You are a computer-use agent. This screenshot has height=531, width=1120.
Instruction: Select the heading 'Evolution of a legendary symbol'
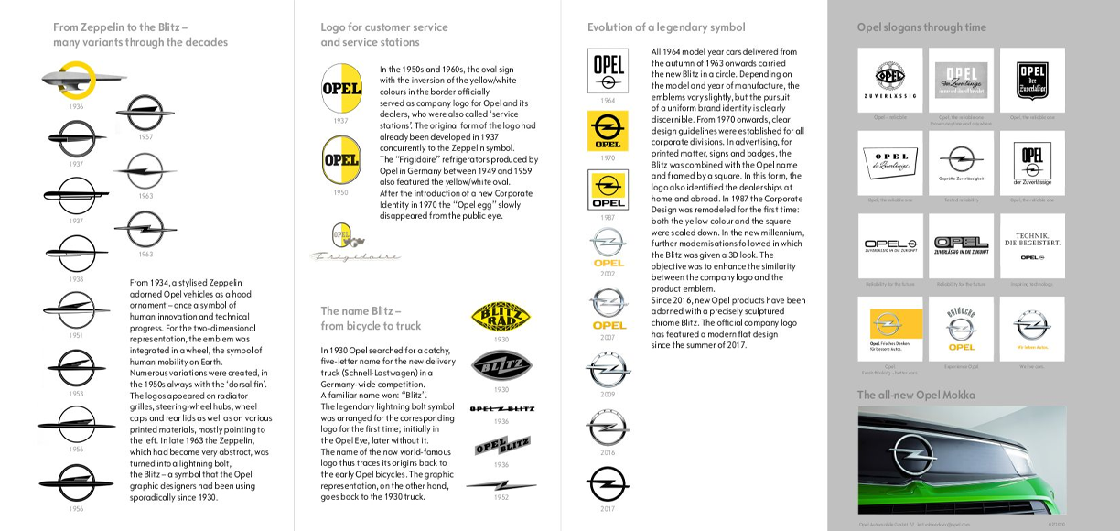(666, 27)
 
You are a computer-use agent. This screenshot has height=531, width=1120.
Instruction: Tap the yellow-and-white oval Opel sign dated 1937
(340, 89)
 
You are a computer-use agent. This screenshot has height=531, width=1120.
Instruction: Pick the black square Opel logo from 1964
(608, 70)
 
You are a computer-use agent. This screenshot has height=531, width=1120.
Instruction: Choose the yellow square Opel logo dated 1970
(608, 130)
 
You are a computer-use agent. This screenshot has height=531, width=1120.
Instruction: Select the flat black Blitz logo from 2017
(608, 482)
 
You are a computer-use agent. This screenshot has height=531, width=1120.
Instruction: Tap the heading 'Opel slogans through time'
(921, 27)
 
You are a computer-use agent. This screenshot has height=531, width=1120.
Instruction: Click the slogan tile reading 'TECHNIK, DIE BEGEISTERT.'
(1032, 246)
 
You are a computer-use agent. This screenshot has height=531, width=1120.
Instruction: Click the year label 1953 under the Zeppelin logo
(75, 394)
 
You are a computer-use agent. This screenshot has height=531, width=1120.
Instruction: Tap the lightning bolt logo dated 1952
(501, 485)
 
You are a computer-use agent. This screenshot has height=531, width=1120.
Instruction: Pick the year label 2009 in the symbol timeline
(608, 394)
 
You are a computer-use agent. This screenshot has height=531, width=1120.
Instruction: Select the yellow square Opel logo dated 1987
(608, 190)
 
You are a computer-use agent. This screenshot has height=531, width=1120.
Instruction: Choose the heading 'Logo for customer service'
(384, 27)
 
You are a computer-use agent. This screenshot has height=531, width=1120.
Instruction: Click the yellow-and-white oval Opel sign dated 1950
(340, 161)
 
